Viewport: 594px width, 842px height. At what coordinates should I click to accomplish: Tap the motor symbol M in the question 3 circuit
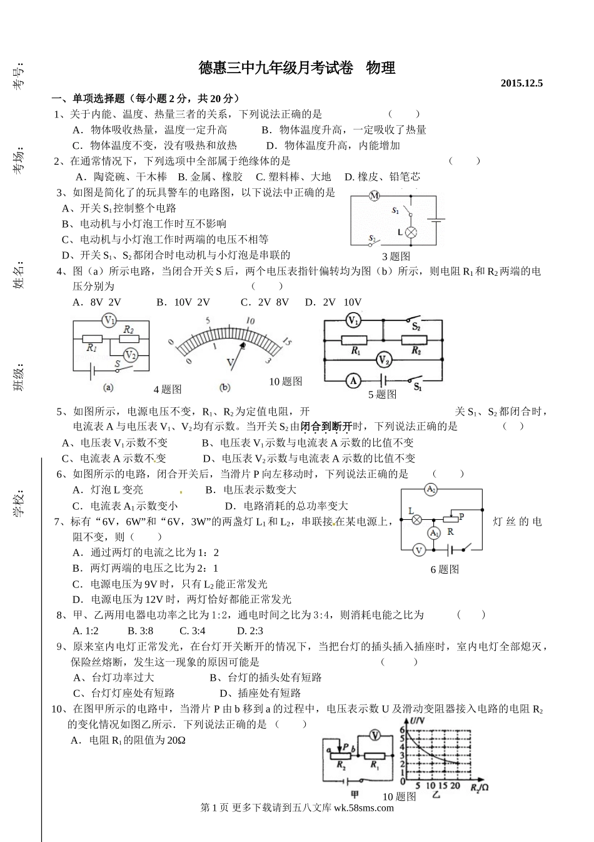pyautogui.click(x=374, y=196)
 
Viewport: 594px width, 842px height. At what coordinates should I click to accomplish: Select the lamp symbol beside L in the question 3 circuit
pyautogui.click(x=411, y=232)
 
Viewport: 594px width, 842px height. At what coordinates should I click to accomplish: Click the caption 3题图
pyautogui.click(x=396, y=256)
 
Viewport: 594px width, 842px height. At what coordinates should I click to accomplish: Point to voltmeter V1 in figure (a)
pyautogui.click(x=109, y=321)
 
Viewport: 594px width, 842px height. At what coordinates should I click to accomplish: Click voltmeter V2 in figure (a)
pyautogui.click(x=130, y=355)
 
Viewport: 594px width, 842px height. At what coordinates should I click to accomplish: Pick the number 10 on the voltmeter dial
pyautogui.click(x=250, y=321)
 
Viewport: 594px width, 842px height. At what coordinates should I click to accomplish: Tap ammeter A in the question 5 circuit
pyautogui.click(x=353, y=380)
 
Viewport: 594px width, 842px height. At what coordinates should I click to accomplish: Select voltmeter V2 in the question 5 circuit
pyautogui.click(x=383, y=360)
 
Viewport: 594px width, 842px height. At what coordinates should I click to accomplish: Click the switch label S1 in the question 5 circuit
pyautogui.click(x=417, y=388)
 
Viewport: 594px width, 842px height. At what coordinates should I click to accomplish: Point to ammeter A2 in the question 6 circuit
pyautogui.click(x=431, y=490)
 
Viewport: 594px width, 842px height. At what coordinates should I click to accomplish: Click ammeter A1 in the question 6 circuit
pyautogui.click(x=433, y=532)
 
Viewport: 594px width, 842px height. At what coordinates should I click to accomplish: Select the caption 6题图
pyautogui.click(x=445, y=569)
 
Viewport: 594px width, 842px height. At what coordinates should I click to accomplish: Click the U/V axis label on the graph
pyautogui.click(x=417, y=723)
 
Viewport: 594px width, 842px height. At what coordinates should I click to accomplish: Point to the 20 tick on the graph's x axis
pyautogui.click(x=455, y=786)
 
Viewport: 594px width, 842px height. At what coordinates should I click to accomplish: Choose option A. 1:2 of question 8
pyautogui.click(x=85, y=631)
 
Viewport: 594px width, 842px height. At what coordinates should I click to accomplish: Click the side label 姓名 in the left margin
pyautogui.click(x=19, y=275)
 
